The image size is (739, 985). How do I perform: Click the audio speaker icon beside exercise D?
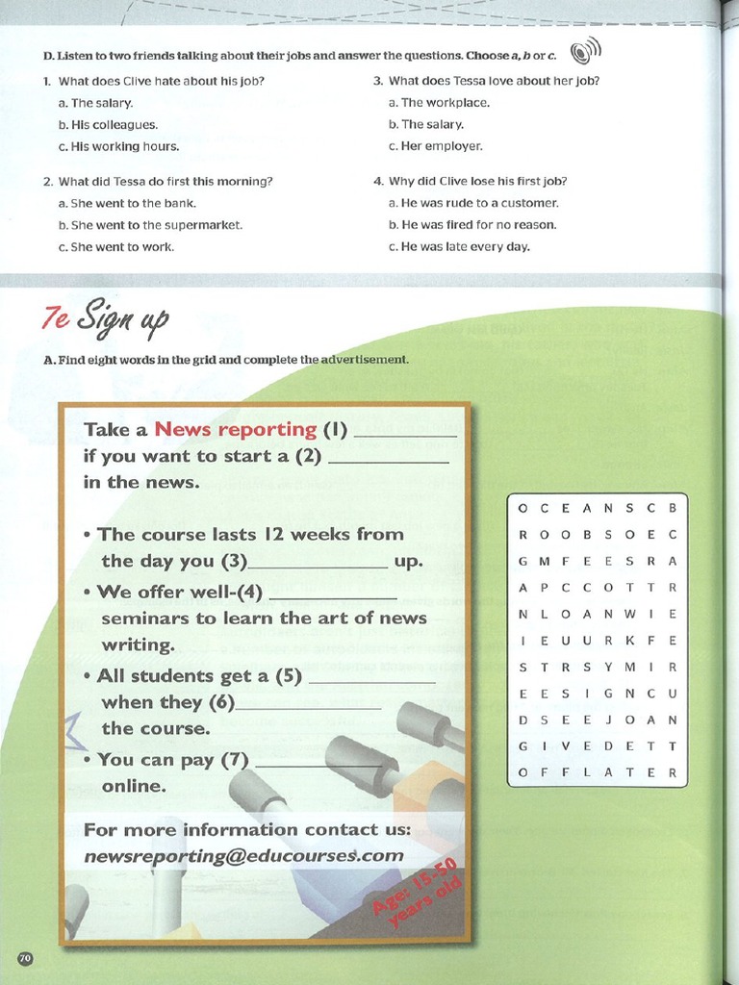(584, 52)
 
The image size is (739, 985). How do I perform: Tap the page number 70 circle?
(25, 958)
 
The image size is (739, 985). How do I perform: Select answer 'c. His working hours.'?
(118, 146)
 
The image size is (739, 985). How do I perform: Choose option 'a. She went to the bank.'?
(127, 203)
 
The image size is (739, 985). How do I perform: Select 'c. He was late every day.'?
(459, 246)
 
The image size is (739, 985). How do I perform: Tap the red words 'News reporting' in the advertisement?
(236, 429)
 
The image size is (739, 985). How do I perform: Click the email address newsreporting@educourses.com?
(243, 855)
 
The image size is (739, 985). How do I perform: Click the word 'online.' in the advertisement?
(134, 786)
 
